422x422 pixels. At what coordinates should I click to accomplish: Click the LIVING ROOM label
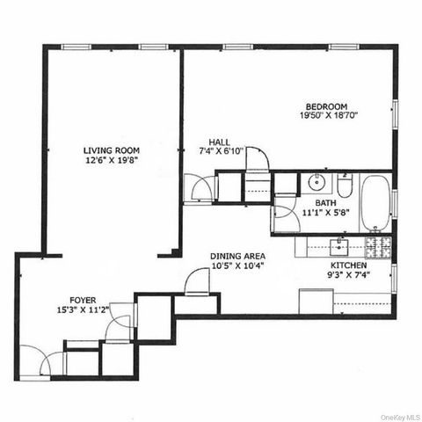(x=111, y=150)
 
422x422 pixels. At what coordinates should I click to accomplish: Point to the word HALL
(x=219, y=142)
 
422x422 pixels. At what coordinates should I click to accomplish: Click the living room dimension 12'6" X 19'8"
(x=111, y=162)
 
